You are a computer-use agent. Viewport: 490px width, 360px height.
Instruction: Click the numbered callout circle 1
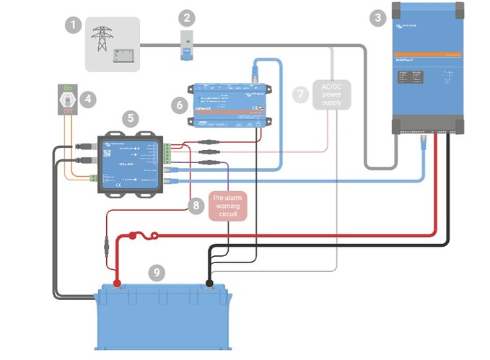coord(72,26)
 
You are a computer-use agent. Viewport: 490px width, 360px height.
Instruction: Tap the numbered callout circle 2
coord(187,17)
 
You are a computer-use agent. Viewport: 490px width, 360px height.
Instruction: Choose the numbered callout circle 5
coord(130,117)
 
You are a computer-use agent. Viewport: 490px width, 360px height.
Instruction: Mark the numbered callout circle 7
coord(302,94)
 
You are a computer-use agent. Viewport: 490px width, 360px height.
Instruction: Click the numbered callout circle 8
coord(194,206)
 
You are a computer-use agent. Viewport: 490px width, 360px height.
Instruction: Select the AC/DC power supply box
coord(331,94)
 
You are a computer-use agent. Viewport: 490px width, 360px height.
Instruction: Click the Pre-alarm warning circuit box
coord(228,206)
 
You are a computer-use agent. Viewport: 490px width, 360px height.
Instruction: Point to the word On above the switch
coord(68,88)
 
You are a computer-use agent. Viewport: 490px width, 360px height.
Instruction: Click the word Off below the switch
coord(68,112)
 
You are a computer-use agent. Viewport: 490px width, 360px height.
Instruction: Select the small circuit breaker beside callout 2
coord(187,44)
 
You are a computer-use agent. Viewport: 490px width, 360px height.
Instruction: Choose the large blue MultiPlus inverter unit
coord(427,69)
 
